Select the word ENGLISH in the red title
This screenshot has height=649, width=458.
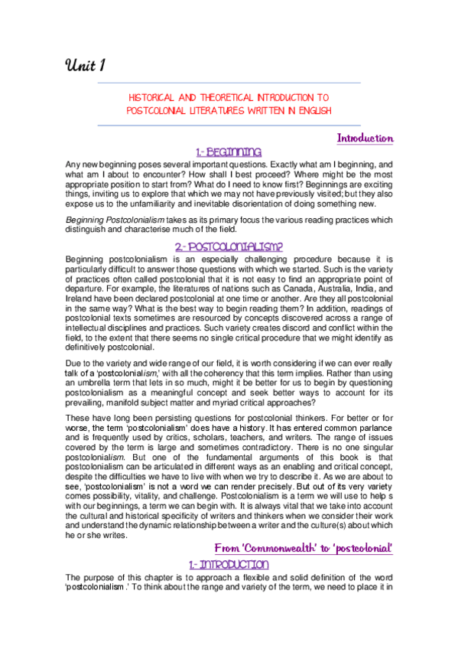pos(315,110)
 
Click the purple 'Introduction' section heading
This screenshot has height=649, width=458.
pos(365,139)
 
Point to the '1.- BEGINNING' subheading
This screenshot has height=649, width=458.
pos(229,152)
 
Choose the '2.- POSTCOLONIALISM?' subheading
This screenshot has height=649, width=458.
pos(229,247)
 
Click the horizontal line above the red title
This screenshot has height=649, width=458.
pos(229,83)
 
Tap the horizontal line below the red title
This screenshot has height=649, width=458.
pos(229,123)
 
